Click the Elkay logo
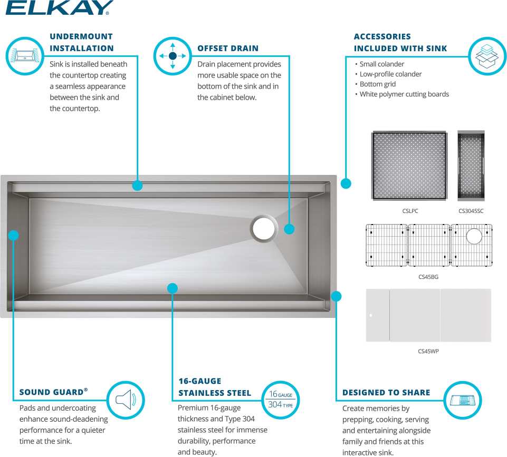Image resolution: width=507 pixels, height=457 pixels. (60, 7)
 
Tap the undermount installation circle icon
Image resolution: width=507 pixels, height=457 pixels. (25, 56)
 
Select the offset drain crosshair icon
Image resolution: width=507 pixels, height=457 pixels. (173, 56)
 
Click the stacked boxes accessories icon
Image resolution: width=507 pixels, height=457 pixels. (487, 56)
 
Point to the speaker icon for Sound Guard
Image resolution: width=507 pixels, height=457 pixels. (126, 400)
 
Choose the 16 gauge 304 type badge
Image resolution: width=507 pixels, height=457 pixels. (280, 400)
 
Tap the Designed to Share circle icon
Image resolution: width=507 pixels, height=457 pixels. (463, 401)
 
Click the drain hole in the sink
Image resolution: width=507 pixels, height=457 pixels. (264, 228)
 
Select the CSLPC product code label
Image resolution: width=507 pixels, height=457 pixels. (410, 211)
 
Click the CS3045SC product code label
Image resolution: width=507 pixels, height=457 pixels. (471, 211)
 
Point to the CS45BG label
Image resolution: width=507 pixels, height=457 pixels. (428, 277)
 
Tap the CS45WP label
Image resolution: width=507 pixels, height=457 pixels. (428, 351)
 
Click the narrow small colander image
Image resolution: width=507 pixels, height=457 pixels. (471, 166)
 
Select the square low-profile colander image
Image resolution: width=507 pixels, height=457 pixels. (409, 166)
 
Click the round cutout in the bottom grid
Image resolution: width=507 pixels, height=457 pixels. (474, 236)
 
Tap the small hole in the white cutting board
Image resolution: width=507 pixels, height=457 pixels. (371, 315)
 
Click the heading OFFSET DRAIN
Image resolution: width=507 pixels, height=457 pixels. (228, 48)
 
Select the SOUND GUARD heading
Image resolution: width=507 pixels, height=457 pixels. (51, 392)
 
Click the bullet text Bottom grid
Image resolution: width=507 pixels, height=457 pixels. (378, 84)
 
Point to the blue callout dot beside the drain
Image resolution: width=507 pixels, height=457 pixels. (289, 229)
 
